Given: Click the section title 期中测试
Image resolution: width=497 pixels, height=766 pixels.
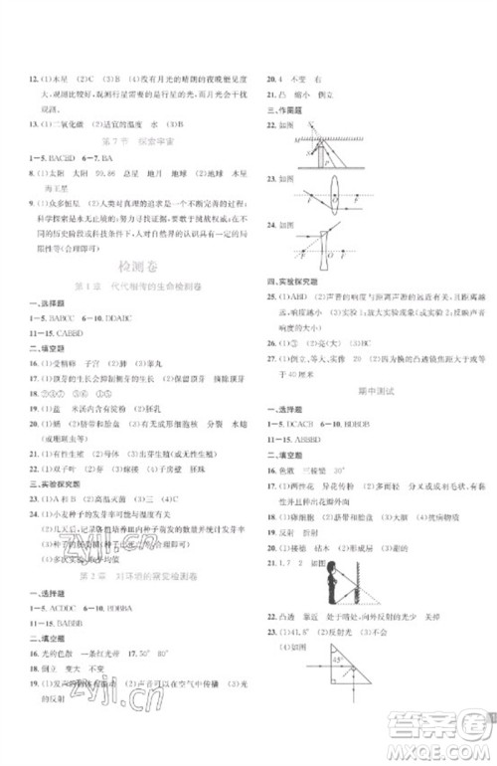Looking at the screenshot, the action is click(x=374, y=391).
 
